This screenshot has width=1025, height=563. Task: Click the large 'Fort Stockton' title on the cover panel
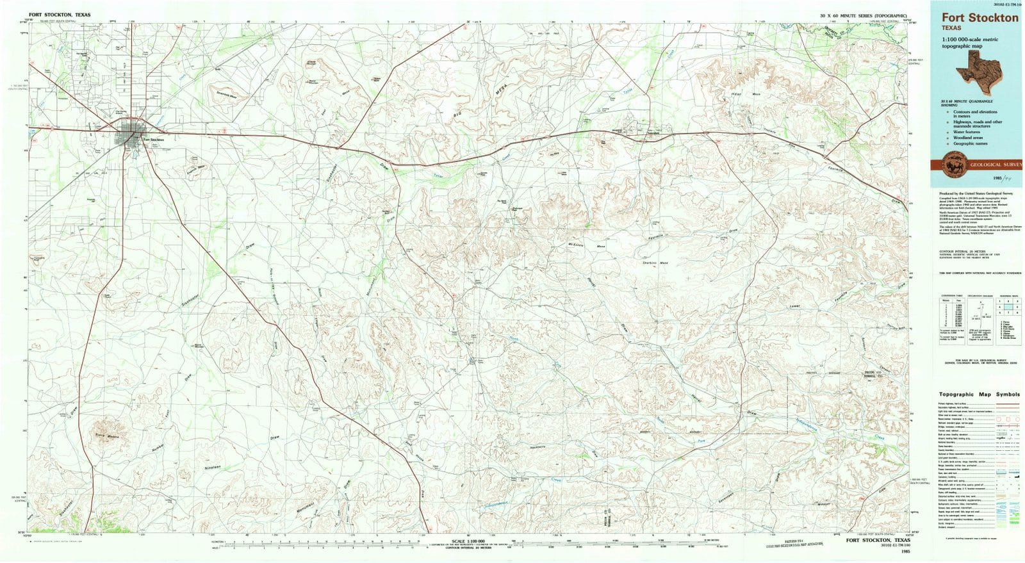point(980,18)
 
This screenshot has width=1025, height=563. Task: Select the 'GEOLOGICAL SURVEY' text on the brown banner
point(992,165)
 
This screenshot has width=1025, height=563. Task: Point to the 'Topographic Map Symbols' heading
point(979,395)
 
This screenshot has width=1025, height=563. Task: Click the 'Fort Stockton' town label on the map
point(154,139)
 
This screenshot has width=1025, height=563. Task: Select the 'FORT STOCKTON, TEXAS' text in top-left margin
point(60,13)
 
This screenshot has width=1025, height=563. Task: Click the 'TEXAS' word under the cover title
point(951,28)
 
